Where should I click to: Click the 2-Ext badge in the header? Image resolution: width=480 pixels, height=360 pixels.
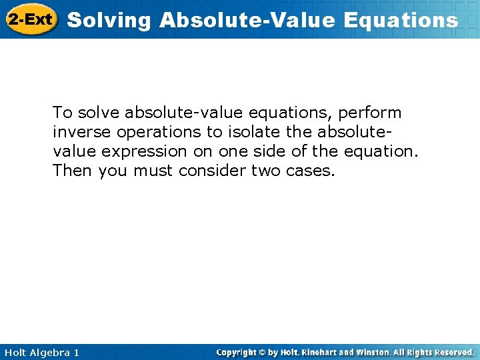[x=31, y=19]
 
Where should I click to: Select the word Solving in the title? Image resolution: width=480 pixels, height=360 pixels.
[x=110, y=21]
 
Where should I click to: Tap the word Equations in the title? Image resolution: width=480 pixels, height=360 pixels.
[x=401, y=21]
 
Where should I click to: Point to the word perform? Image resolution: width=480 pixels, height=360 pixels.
[x=371, y=112]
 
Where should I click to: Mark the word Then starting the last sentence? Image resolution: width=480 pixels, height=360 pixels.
[x=73, y=171]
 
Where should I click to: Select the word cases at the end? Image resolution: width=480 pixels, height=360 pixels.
[x=312, y=171]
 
